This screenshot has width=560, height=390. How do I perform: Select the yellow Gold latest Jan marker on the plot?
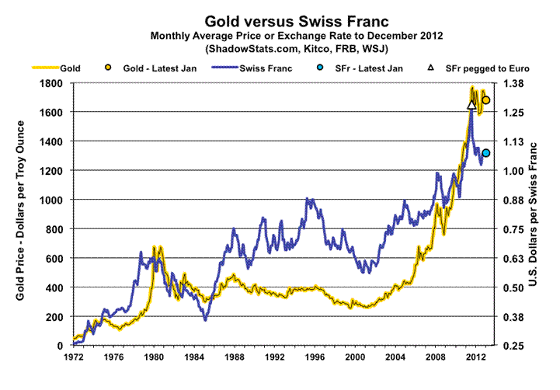(486, 100)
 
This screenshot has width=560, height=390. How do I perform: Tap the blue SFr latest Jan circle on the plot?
(486, 153)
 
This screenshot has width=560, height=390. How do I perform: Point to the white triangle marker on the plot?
(471, 104)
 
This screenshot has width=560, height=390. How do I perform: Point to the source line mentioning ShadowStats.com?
(279, 49)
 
